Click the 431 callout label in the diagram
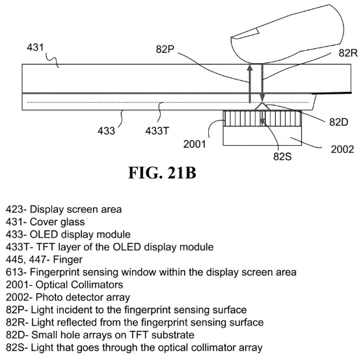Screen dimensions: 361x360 [35, 48]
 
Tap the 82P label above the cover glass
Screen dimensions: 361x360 [165, 49]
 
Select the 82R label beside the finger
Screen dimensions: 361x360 [348, 53]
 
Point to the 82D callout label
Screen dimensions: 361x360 [339, 122]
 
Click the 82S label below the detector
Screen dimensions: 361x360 [282, 156]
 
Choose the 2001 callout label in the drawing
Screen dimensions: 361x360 [194, 145]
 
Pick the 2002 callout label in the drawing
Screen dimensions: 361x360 [342, 149]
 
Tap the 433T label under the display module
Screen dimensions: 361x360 [157, 131]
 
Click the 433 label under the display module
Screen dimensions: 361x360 [106, 131]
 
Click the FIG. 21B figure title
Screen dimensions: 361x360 [163, 173]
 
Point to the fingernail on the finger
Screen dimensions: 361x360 [245, 34]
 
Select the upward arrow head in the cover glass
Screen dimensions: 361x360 [250, 68]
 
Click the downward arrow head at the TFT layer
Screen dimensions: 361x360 [262, 98]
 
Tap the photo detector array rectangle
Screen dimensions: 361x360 [262, 136]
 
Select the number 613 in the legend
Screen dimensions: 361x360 [14, 272]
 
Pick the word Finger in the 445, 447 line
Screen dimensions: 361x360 [68, 260]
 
